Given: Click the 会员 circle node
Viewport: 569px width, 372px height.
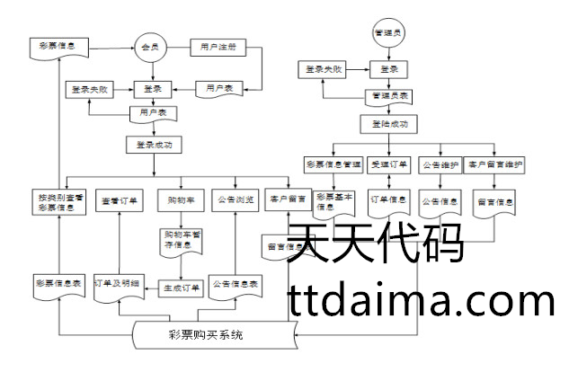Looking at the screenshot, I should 150,47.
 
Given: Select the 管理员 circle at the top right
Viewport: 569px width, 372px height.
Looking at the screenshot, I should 389,33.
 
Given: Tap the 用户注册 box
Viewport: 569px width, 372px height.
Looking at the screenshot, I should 218,46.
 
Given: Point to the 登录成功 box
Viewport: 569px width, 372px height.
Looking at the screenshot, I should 154,144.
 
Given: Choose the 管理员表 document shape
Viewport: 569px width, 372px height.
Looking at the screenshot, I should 389,95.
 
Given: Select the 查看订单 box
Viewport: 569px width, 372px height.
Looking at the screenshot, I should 120,199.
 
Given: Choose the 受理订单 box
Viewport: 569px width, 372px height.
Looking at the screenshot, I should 390,164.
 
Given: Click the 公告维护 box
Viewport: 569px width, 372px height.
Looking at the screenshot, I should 441,164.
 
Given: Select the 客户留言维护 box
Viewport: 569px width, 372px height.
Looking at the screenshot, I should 494,164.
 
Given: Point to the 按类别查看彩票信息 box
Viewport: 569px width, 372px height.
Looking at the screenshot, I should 59,201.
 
